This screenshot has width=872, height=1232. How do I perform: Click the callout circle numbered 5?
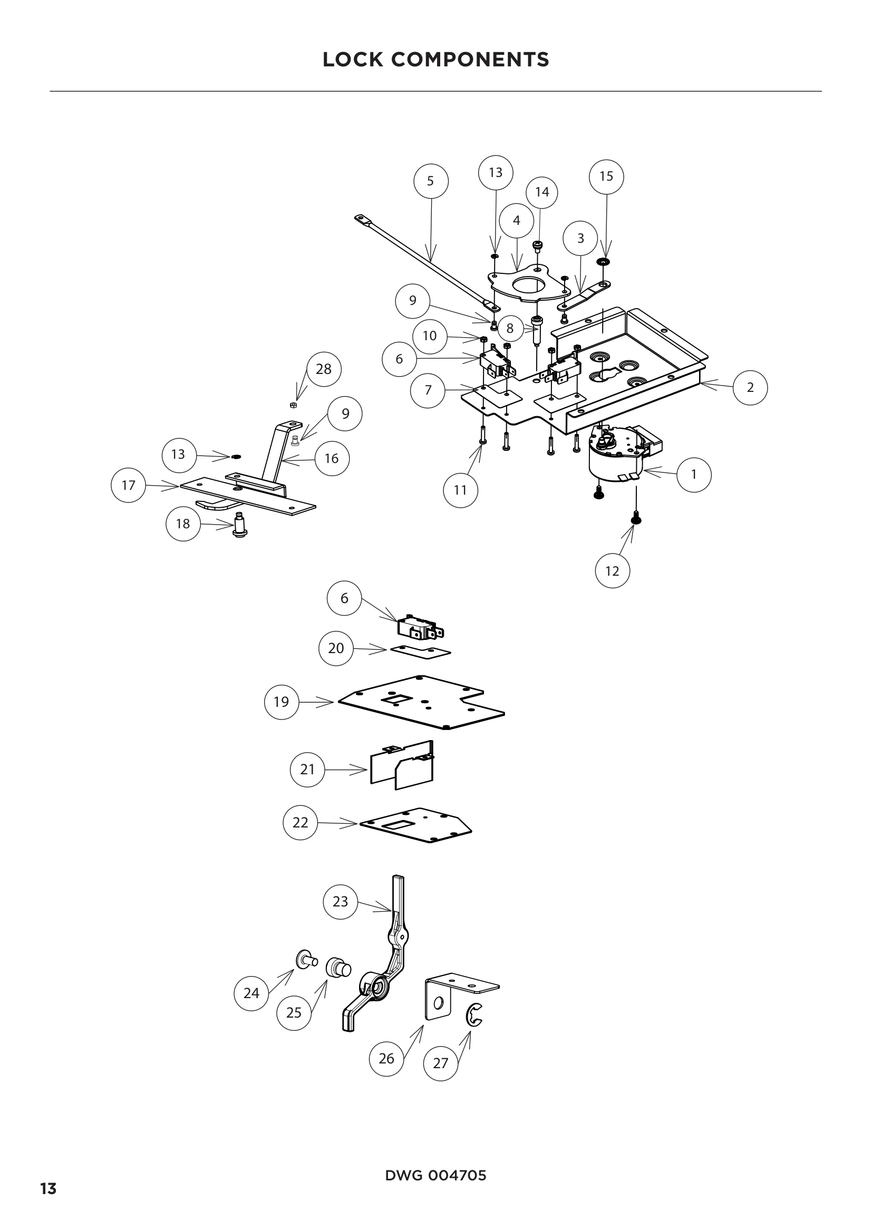coord(431,181)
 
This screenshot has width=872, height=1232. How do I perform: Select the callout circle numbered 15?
coord(606,176)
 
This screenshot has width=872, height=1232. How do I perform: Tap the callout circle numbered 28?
coord(324,369)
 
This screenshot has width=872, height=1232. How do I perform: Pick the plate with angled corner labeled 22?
coord(416,826)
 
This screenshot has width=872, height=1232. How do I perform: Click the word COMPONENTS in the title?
coord(470,60)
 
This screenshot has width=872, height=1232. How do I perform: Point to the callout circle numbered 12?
coord(612,571)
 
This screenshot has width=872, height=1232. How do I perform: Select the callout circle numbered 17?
coord(128,485)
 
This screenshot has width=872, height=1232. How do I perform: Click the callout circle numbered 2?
coord(750,388)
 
